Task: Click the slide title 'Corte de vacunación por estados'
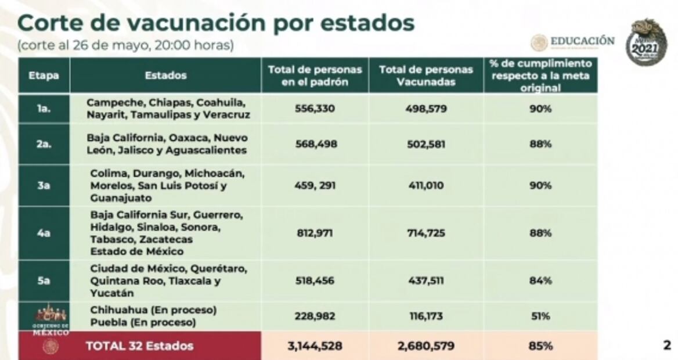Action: click(215, 23)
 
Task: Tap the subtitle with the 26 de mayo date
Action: click(126, 45)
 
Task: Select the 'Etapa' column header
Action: click(44, 75)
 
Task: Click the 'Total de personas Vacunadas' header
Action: click(426, 75)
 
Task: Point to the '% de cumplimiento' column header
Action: click(540, 75)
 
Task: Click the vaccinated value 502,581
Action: click(426, 143)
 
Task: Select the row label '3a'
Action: click(44, 185)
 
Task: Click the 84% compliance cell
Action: click(540, 281)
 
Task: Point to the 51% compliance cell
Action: click(540, 316)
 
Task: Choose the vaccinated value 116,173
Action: click(426, 316)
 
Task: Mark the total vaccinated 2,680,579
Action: click(426, 346)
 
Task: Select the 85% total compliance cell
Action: click(540, 346)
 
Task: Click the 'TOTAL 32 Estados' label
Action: click(139, 346)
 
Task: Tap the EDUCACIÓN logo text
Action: click(582, 41)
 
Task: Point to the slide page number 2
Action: click(666, 345)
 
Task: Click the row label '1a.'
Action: click(44, 109)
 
